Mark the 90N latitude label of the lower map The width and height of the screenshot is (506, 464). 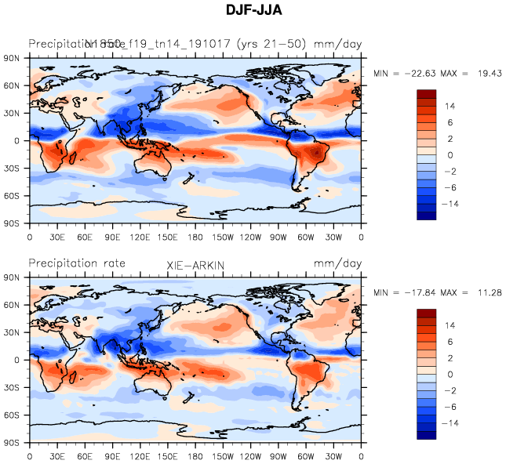[x=12, y=277]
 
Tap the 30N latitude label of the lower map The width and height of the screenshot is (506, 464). [x=12, y=333]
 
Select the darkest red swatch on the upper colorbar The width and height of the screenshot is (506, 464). [x=425, y=94]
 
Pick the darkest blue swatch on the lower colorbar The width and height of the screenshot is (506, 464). [x=425, y=435]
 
